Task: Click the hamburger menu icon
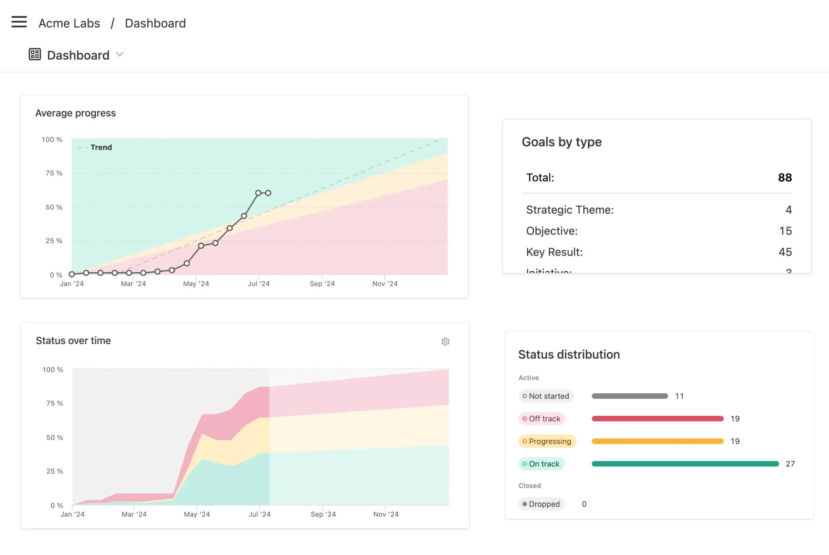coord(19,22)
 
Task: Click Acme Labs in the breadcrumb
coord(69,23)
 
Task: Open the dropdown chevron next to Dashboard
coord(120,54)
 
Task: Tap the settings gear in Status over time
coord(445,342)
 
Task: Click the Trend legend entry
coord(101,147)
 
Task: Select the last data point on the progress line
coord(268,193)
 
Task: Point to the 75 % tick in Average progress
coord(54,173)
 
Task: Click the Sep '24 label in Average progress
coord(322,284)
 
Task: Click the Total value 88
coord(784,178)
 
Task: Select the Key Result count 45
coord(785,252)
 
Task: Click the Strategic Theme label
coord(570,210)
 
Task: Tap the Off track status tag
coord(542,418)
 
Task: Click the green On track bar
coord(685,464)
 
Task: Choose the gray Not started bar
coord(630,396)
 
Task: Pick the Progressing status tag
coord(547,441)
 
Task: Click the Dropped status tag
coord(541,504)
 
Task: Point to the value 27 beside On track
coord(790,464)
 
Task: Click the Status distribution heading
coord(569,355)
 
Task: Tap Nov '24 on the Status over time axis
coord(386,514)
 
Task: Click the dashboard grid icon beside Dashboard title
coord(35,54)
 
